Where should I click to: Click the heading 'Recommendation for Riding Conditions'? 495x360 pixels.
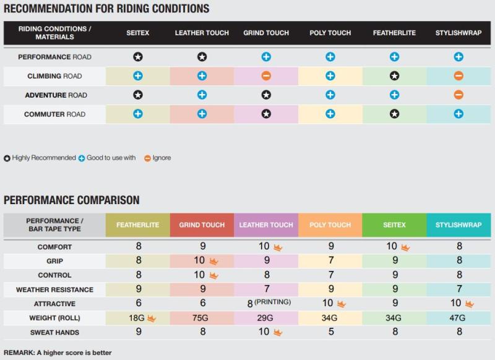[x=106, y=9]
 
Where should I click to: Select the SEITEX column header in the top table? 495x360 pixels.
[x=137, y=33]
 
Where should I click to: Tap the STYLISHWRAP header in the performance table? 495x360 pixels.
[x=458, y=225]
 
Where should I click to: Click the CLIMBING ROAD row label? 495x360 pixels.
[x=54, y=76]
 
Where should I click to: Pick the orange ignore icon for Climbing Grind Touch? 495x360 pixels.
[x=266, y=76]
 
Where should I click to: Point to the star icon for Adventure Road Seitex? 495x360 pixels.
[x=137, y=95]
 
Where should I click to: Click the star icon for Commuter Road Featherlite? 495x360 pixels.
[x=394, y=114]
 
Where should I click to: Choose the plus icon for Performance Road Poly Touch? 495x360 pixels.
[x=330, y=57]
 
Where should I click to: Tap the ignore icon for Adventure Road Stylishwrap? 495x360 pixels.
[x=458, y=95]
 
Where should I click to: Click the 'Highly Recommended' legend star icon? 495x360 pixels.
[x=7, y=158]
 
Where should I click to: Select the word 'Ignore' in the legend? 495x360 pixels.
[x=161, y=158]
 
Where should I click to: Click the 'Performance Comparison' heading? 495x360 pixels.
[x=72, y=200]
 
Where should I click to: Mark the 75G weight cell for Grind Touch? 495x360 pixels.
[x=202, y=319]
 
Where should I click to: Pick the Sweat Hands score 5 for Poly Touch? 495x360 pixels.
[x=330, y=333]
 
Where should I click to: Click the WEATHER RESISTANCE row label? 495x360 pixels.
[x=54, y=289]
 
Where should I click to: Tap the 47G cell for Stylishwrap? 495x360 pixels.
[x=458, y=319]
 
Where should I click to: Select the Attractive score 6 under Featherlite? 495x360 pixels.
[x=138, y=304]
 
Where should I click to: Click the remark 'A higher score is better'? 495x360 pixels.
[x=56, y=353]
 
